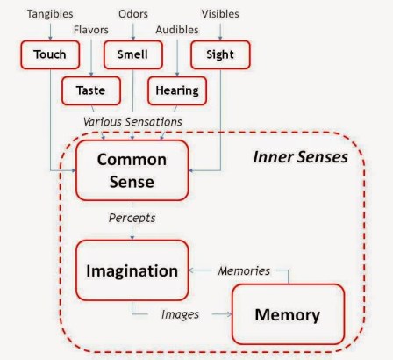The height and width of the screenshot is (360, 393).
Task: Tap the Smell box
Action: pos(132,55)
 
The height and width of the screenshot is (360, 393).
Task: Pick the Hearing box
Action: pos(176,90)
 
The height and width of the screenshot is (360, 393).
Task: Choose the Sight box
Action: pos(220,55)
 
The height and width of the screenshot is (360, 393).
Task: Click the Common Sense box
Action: pos(132,169)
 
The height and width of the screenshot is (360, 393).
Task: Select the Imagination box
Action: pos(132,270)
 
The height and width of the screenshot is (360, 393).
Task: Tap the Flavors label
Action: pos(91,28)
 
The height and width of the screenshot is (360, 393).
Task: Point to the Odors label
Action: pos(132,13)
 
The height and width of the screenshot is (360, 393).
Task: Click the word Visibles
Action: pos(220,13)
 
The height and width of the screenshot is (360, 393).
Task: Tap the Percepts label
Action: pos(132,216)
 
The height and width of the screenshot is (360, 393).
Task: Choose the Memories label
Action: pos(243,270)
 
